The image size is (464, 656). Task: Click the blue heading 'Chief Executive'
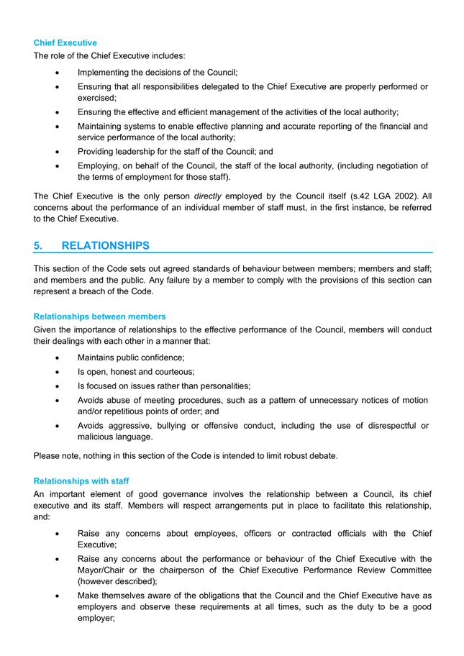tap(65, 43)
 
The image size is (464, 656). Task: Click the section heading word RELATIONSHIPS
tap(106, 246)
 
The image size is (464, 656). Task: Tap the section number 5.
tap(38, 246)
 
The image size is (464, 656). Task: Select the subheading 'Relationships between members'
tap(99, 316)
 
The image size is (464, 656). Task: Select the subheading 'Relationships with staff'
tap(81, 480)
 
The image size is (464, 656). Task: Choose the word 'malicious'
tap(97, 437)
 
